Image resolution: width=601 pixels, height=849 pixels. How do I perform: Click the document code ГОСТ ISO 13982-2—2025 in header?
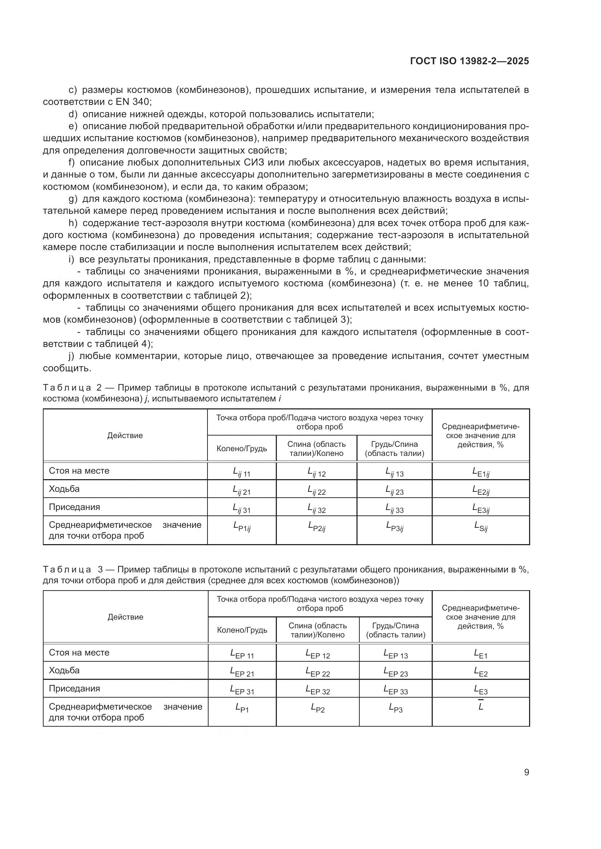click(469, 61)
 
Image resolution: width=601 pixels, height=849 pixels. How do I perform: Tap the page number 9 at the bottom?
click(526, 772)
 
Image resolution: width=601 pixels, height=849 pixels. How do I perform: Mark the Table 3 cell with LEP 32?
click(318, 690)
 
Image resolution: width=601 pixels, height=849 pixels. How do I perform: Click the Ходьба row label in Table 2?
click(64, 489)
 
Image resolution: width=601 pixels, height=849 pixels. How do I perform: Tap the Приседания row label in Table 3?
click(74, 689)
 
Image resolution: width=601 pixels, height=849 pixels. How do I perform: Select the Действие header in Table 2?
click(125, 436)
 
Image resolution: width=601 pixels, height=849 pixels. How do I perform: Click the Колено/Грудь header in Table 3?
click(242, 630)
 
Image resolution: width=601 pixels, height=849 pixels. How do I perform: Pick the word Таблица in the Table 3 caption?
click(67, 570)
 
